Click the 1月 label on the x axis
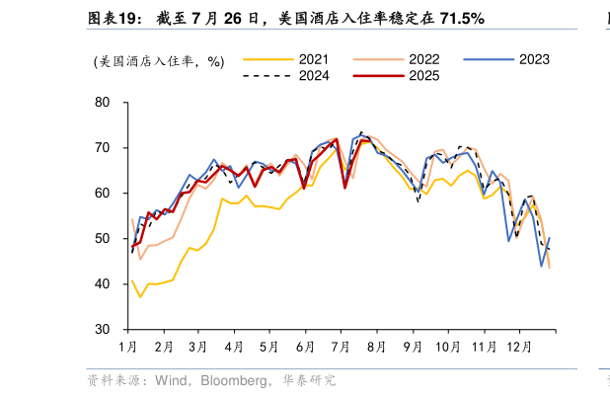pos(127,347)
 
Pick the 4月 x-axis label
pos(234,347)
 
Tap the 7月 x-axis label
pos(341,347)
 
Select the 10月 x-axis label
pos(448,347)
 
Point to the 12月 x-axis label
pos(519,347)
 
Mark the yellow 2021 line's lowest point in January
pos(140,296)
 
